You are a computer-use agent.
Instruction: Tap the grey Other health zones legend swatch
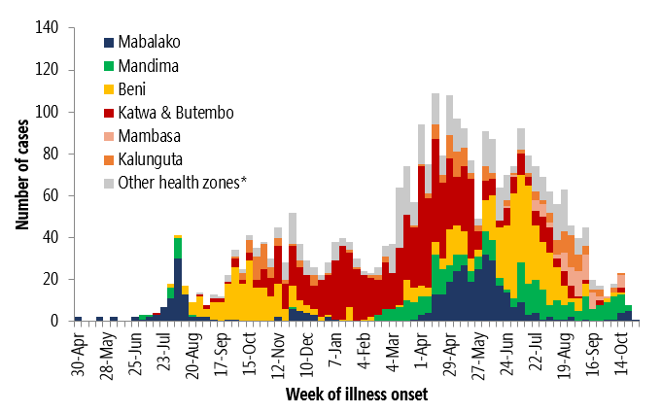pos(109,182)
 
